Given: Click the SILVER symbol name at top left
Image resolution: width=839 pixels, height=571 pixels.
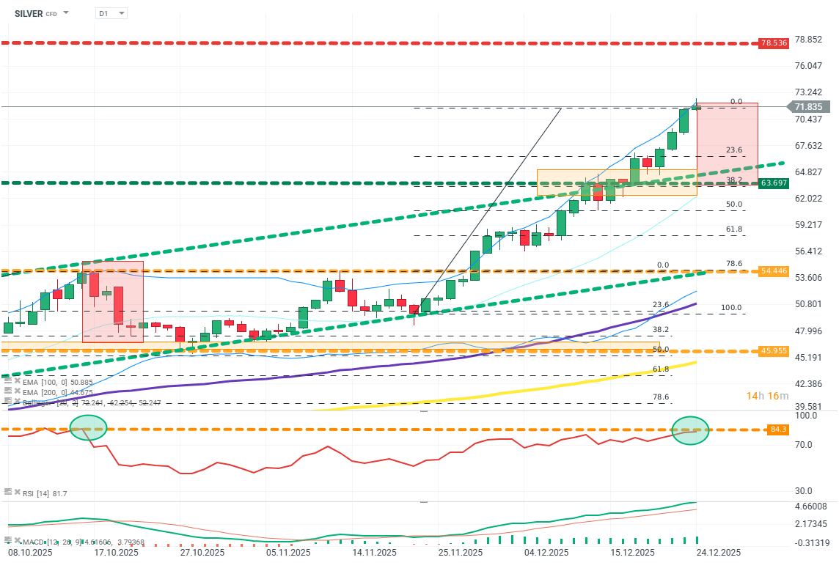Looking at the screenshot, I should pyautogui.click(x=29, y=13).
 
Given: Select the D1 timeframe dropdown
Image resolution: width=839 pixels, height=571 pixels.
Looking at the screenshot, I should pyautogui.click(x=111, y=13).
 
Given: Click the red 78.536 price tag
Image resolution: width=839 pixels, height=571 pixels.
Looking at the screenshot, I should pyautogui.click(x=774, y=43).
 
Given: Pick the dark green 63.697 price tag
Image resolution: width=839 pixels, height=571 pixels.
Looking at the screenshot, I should pyautogui.click(x=774, y=183).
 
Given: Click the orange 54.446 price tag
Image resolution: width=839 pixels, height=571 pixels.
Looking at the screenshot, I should pyautogui.click(x=774, y=271).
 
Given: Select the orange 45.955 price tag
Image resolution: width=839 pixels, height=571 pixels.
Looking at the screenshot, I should pyautogui.click(x=774, y=351).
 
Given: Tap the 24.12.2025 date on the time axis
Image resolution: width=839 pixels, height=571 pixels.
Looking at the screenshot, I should pyautogui.click(x=718, y=553).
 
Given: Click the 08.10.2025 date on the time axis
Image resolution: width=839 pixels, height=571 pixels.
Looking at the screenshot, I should pyautogui.click(x=29, y=553).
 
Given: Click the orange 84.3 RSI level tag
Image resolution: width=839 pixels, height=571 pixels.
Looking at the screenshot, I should pyautogui.click(x=779, y=430).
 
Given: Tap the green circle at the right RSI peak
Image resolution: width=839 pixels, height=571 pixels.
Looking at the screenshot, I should pyautogui.click(x=690, y=430).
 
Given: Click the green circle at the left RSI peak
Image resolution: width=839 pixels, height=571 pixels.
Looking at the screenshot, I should pyautogui.click(x=88, y=426).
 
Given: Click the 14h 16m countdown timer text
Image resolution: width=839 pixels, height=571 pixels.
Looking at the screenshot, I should pyautogui.click(x=767, y=396).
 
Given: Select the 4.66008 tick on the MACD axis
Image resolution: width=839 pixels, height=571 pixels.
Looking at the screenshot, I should pyautogui.click(x=810, y=506).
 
